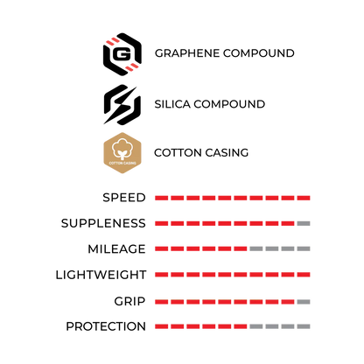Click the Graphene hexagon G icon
tap(122, 54)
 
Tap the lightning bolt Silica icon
tap(122, 105)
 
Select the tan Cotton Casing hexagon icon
tap(122, 153)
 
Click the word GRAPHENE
tap(187, 53)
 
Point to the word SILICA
tap(172, 104)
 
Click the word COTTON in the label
tap(178, 152)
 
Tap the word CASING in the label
tap(227, 152)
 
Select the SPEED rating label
tap(124, 198)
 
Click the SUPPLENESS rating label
tap(103, 223)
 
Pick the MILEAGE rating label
tap(116, 249)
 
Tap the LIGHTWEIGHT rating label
tap(101, 275)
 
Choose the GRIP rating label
tap(129, 301)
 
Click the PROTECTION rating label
tap(106, 326)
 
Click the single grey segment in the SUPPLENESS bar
tap(304, 223)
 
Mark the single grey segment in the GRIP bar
tap(304, 302)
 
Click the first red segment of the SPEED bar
tap(161, 198)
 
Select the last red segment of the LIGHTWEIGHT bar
tap(304, 275)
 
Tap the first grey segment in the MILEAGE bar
tap(256, 248)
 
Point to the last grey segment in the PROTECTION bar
tap(304, 326)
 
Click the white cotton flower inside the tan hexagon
tap(122, 149)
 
